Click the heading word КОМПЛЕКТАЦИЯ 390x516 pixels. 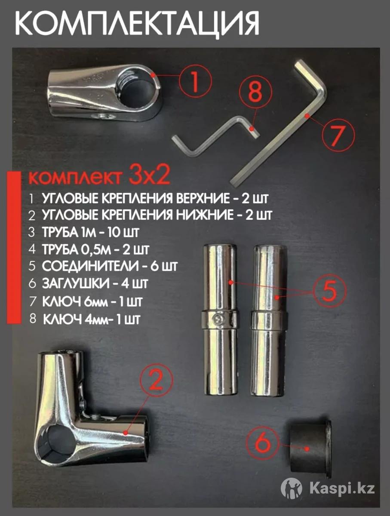coord(137,24)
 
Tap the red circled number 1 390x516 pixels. coord(195,81)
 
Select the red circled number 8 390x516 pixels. coord(255,92)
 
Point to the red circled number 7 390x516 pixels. coord(338,135)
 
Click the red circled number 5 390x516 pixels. coord(329,291)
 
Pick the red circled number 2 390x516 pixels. coord(157,380)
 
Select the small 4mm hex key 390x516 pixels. coord(216,135)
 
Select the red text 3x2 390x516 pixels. coord(149,175)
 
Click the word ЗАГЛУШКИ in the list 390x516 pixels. coord(75,284)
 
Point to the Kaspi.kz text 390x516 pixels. coord(342,488)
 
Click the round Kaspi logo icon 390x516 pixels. coord(292,488)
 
